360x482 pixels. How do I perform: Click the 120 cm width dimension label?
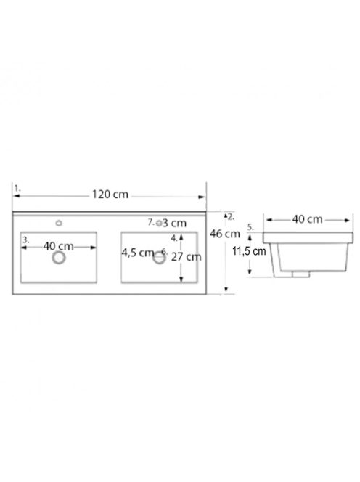pos(110,195)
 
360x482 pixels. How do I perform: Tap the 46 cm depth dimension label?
pos(225,234)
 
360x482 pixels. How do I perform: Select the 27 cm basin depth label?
pos(187,257)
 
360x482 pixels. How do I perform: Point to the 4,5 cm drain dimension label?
pos(137,253)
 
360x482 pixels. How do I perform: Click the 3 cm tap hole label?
pos(174,223)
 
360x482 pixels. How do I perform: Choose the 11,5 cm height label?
pos(249,251)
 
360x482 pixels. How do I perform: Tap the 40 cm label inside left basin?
pos(58,246)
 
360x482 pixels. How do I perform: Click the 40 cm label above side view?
pos(307,219)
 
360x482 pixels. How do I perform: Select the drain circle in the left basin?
pos(59,258)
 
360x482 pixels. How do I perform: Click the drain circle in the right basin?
pos(159,258)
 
